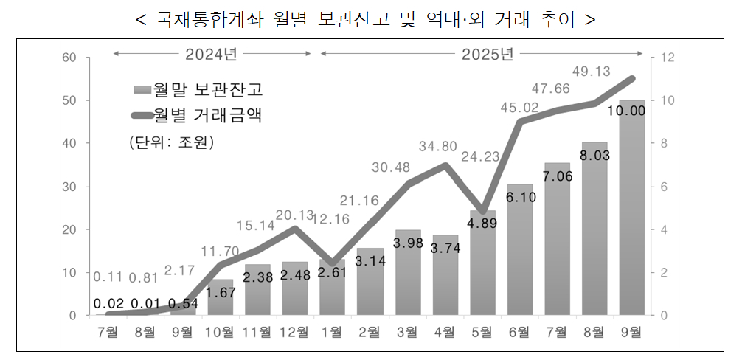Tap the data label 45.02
point(519,108)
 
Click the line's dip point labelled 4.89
point(482,211)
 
